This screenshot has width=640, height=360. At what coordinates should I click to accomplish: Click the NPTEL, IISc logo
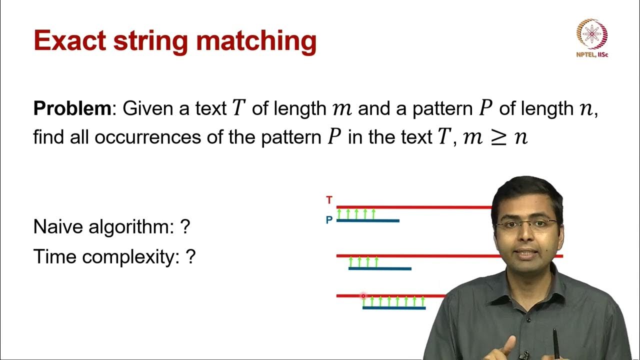click(592, 38)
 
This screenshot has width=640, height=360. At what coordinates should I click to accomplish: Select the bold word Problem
click(71, 108)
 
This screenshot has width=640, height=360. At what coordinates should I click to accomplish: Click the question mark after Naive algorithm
click(185, 227)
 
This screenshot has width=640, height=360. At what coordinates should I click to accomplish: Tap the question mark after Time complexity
click(190, 257)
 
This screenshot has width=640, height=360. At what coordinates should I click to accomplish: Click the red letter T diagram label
click(329, 200)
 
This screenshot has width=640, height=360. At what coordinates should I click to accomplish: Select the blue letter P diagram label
click(329, 220)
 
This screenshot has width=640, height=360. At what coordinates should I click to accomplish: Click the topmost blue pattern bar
click(368, 220)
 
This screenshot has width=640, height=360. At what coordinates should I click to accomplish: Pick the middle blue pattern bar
click(380, 268)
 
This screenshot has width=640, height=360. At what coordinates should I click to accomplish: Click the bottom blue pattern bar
click(394, 307)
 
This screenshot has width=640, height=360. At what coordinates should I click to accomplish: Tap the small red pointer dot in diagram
click(363, 296)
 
